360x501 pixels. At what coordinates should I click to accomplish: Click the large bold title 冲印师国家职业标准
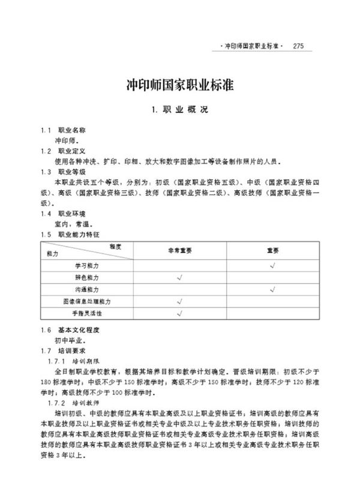pyautogui.click(x=179, y=85)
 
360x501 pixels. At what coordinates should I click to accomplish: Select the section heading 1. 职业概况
pyautogui.click(x=179, y=110)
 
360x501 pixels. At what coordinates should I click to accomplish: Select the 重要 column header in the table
pyautogui.click(x=273, y=250)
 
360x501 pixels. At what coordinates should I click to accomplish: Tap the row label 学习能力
pyautogui.click(x=87, y=265)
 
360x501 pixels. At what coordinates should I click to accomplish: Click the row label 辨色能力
pyautogui.click(x=87, y=277)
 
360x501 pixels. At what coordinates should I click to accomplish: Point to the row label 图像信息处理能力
pyautogui.click(x=87, y=301)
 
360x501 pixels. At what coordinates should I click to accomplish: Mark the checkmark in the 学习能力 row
pyautogui.click(x=273, y=265)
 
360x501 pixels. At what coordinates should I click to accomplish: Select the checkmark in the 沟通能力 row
pyautogui.click(x=273, y=289)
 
